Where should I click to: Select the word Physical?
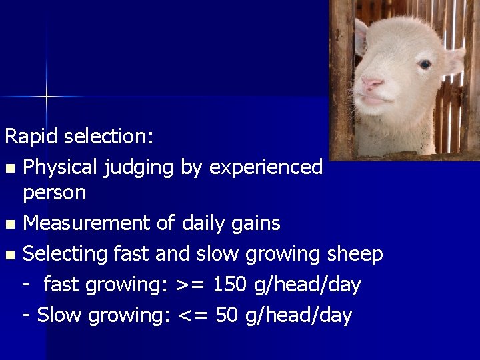(61, 167)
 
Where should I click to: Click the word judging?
(139, 167)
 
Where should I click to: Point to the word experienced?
(266, 167)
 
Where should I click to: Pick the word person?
(54, 193)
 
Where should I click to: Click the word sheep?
(355, 254)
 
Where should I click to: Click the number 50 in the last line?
(227, 315)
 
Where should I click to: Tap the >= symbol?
(188, 285)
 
